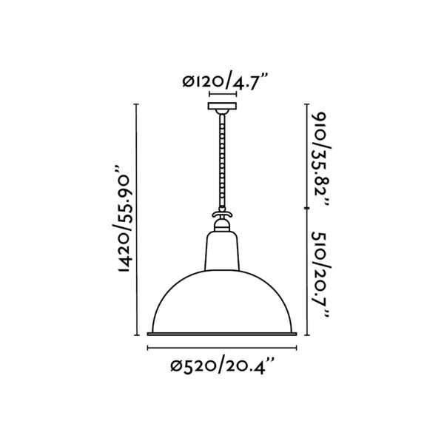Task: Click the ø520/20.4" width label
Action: pos(222,365)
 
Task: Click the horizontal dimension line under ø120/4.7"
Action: pos(222,95)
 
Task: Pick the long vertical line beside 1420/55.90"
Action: pos(138,222)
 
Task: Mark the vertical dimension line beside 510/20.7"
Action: pos(307,274)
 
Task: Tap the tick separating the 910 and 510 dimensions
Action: pos(307,209)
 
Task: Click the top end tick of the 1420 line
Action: pos(138,105)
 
